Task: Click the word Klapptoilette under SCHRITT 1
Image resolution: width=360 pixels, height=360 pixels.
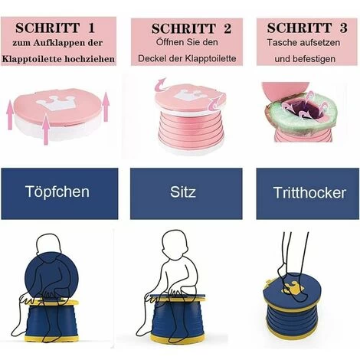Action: click(x=37, y=58)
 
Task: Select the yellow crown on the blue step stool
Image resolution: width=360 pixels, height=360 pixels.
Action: click(x=291, y=290)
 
